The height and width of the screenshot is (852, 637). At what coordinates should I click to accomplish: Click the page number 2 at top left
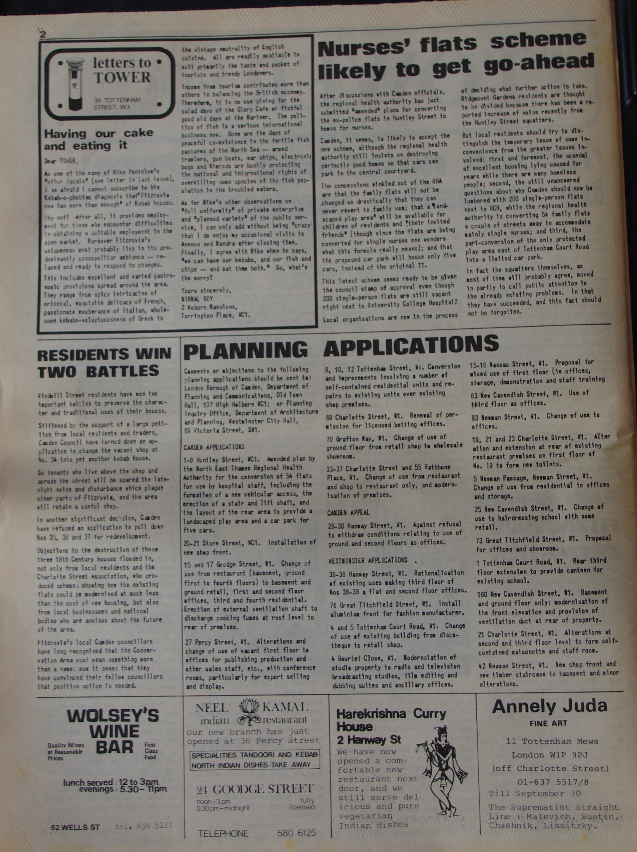click(x=43, y=34)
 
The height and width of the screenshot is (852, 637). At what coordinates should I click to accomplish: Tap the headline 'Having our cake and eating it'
click(x=98, y=139)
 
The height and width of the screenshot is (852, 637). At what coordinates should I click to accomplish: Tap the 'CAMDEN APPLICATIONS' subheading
click(x=214, y=447)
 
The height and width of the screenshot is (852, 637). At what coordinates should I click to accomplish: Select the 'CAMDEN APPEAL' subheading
click(x=348, y=512)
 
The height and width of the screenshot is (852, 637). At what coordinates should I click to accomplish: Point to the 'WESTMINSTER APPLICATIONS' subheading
click(x=368, y=560)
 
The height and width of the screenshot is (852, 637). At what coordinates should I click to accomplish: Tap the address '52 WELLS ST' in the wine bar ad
click(x=76, y=827)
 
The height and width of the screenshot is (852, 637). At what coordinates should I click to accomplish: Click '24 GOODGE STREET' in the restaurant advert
click(x=255, y=789)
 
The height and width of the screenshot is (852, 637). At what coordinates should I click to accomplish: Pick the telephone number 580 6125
click(x=296, y=833)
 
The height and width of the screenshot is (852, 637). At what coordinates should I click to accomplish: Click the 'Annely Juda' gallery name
click(x=549, y=706)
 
